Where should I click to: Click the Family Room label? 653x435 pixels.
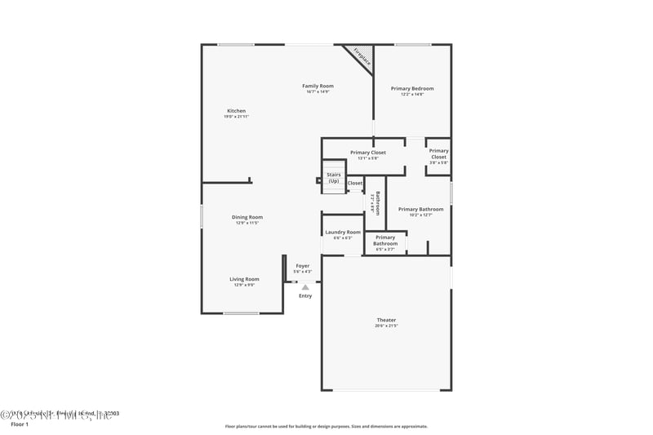point(318,86)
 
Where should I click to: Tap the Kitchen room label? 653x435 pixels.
point(236,111)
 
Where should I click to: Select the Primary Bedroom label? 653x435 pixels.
point(412,88)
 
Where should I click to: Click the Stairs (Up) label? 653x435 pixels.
point(333,177)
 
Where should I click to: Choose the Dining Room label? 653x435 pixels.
point(247,217)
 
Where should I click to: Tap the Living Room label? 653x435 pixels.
point(245,279)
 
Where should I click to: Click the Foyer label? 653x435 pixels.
point(302,266)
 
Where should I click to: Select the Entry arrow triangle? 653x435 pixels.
point(305,287)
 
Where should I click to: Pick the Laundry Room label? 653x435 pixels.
point(343,232)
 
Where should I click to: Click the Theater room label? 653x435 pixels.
point(386,320)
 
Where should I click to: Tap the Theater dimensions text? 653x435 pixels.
point(386,326)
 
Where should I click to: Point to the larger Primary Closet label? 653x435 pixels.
point(367,153)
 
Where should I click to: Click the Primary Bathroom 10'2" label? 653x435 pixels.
point(420,210)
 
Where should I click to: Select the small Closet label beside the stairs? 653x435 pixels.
point(355,183)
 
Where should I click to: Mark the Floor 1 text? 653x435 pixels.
point(19,424)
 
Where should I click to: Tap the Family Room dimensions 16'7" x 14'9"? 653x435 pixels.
point(318,91)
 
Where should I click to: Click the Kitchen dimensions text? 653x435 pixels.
point(236,117)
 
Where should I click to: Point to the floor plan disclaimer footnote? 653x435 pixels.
point(326,426)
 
